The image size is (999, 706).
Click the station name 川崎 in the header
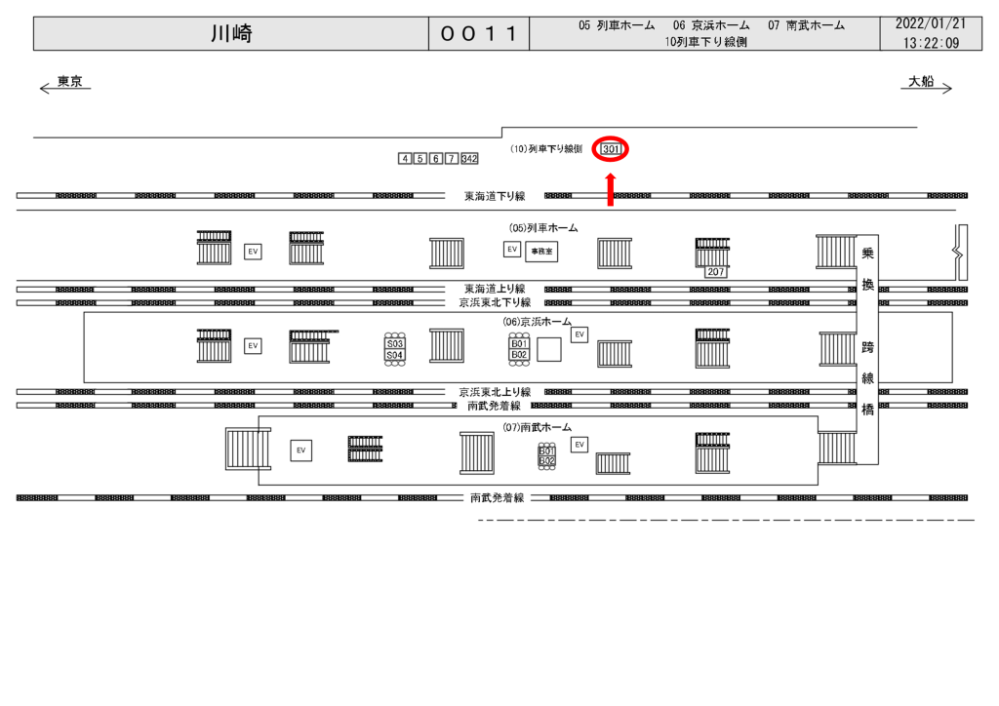[x=231, y=34]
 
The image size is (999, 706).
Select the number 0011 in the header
[x=478, y=35]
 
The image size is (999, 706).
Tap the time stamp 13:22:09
[x=931, y=43]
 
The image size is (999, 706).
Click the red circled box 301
[x=611, y=149]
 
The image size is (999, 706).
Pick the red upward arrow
[x=611, y=190]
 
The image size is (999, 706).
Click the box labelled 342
[x=469, y=159]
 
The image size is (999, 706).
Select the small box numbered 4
[x=405, y=159]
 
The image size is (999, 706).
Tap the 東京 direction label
[x=69, y=82]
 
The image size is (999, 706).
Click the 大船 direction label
[x=921, y=82]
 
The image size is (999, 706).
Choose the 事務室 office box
[x=540, y=251]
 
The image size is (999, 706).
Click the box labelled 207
[x=715, y=272]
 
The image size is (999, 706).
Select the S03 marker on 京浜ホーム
[x=395, y=344]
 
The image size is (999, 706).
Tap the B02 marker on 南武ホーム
[x=546, y=460]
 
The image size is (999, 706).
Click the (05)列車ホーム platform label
[x=542, y=227]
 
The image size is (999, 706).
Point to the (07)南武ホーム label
[x=538, y=427]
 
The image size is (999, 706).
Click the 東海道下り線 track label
[x=495, y=196]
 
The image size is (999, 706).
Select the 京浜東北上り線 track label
[x=495, y=392]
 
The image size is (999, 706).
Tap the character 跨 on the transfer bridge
[x=867, y=346]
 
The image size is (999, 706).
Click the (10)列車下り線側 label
[x=546, y=149]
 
